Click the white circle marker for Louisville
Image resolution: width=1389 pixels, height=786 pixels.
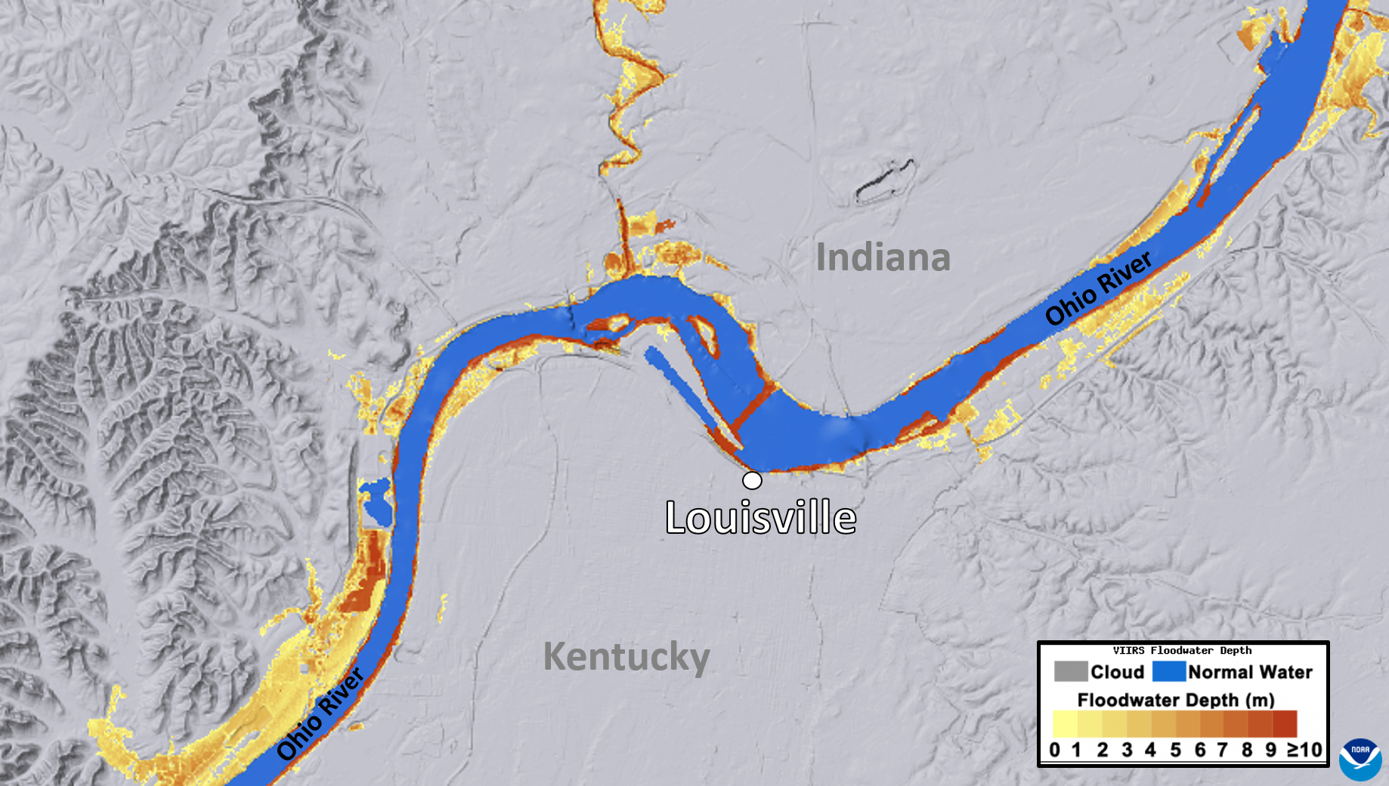pyautogui.click(x=752, y=480)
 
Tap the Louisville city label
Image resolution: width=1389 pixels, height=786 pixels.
pyautogui.click(x=760, y=518)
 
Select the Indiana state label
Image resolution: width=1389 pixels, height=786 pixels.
pyautogui.click(x=883, y=257)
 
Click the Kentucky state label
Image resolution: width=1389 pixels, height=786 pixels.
pyautogui.click(x=626, y=656)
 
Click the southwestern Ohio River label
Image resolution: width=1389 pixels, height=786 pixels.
pyautogui.click(x=320, y=714)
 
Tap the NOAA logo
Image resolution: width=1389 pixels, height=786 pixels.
pyautogui.click(x=1360, y=759)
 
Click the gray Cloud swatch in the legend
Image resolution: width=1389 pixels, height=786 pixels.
pyautogui.click(x=1070, y=671)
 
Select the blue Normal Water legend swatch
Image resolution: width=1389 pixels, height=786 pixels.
pyautogui.click(x=1168, y=671)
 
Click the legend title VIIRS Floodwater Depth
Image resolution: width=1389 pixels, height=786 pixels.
pyautogui.click(x=1182, y=650)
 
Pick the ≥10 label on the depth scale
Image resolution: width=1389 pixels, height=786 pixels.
pyautogui.click(x=1304, y=750)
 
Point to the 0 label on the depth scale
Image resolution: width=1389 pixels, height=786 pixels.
pyautogui.click(x=1055, y=750)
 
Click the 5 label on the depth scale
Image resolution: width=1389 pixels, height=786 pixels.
pyautogui.click(x=1175, y=750)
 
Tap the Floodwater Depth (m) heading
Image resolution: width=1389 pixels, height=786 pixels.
pyautogui.click(x=1176, y=700)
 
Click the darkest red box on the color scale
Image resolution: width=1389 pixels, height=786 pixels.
pyautogui.click(x=1285, y=723)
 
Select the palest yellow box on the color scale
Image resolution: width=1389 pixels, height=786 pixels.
pyautogui.click(x=1065, y=723)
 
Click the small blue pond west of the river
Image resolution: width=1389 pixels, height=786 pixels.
pyautogui.click(x=376, y=503)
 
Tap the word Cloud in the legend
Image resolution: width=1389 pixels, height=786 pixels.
pyautogui.click(x=1117, y=672)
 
